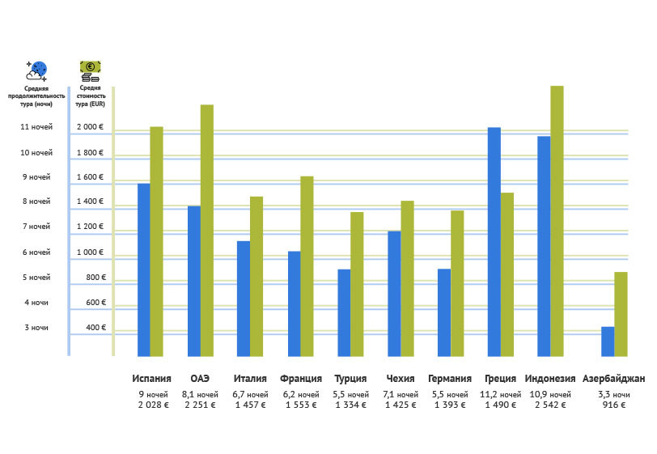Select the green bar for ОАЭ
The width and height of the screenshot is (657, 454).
click(207, 230)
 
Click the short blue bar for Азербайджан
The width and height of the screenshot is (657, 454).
click(608, 341)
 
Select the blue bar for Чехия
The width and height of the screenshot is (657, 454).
click(394, 293)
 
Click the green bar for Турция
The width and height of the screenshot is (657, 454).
click(357, 283)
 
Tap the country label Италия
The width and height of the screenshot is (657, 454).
click(250, 379)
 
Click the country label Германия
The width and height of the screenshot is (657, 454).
click(450, 379)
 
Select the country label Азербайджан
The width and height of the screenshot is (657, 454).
click(613, 379)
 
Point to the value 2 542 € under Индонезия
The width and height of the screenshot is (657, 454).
click(550, 405)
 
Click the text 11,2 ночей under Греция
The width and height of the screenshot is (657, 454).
click(501, 395)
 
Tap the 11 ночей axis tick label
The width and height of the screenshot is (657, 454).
click(36, 127)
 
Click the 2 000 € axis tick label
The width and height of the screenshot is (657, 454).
click(90, 127)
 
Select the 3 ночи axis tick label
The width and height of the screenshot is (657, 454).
click(36, 328)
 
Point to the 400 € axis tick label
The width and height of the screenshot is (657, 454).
click(95, 328)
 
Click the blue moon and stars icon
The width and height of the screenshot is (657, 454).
click(36, 70)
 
